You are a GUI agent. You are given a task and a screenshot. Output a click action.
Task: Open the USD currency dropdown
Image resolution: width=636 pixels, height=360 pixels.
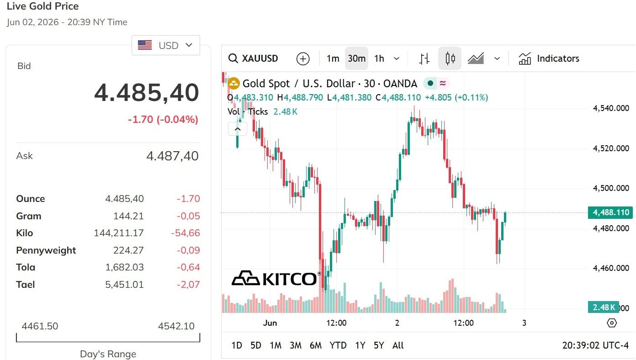(x=165, y=45)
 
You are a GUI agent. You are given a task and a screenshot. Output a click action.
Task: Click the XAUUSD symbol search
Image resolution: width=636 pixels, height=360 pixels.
(x=253, y=58)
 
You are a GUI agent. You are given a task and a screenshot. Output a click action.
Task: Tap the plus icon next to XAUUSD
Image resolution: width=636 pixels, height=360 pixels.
(x=302, y=59)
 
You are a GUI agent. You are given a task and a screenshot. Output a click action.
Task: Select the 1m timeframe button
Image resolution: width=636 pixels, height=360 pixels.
(x=333, y=58)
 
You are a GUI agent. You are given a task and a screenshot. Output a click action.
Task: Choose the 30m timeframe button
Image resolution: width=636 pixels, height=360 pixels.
(x=357, y=58)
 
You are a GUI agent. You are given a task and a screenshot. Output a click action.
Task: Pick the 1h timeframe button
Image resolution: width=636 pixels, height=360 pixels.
(x=379, y=58)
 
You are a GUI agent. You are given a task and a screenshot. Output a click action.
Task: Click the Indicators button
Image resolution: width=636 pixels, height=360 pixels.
(x=549, y=58)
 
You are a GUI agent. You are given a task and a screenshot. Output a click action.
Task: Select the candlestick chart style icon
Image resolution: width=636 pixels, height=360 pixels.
(x=450, y=58)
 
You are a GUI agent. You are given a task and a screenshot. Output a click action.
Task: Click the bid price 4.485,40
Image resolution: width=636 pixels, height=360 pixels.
(x=146, y=93)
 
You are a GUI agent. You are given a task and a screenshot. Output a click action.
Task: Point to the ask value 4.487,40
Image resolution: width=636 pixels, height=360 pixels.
(x=172, y=156)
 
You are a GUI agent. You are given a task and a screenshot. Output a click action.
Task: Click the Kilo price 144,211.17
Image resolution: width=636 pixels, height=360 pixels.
(x=119, y=233)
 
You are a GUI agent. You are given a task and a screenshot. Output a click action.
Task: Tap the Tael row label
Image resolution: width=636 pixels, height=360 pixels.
(x=26, y=285)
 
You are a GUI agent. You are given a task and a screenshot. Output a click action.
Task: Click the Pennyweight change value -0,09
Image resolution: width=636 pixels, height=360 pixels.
(x=188, y=250)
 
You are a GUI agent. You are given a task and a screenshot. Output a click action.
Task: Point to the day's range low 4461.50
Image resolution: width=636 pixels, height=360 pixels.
(x=40, y=326)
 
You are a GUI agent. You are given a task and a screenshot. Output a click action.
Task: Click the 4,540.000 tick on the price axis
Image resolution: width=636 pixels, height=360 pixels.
(x=611, y=108)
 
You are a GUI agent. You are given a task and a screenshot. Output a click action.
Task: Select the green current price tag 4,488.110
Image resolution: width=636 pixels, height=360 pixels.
(x=610, y=212)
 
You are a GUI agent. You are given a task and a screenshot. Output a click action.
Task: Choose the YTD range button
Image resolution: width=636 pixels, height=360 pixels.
(x=338, y=345)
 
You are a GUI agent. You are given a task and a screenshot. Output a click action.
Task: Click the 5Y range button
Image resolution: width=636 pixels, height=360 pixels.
(x=379, y=345)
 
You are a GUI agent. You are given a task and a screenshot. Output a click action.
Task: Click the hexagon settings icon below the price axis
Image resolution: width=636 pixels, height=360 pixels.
(x=612, y=323)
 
